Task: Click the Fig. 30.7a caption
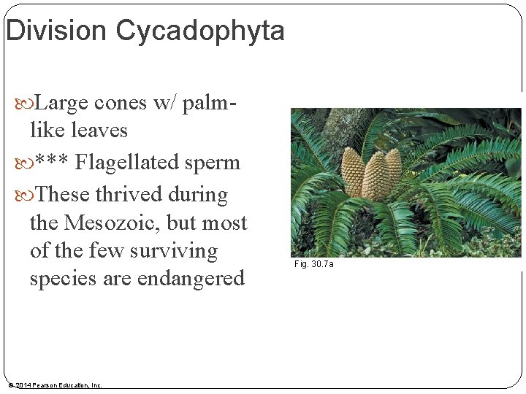click(x=314, y=263)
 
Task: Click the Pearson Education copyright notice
click(x=55, y=385)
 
